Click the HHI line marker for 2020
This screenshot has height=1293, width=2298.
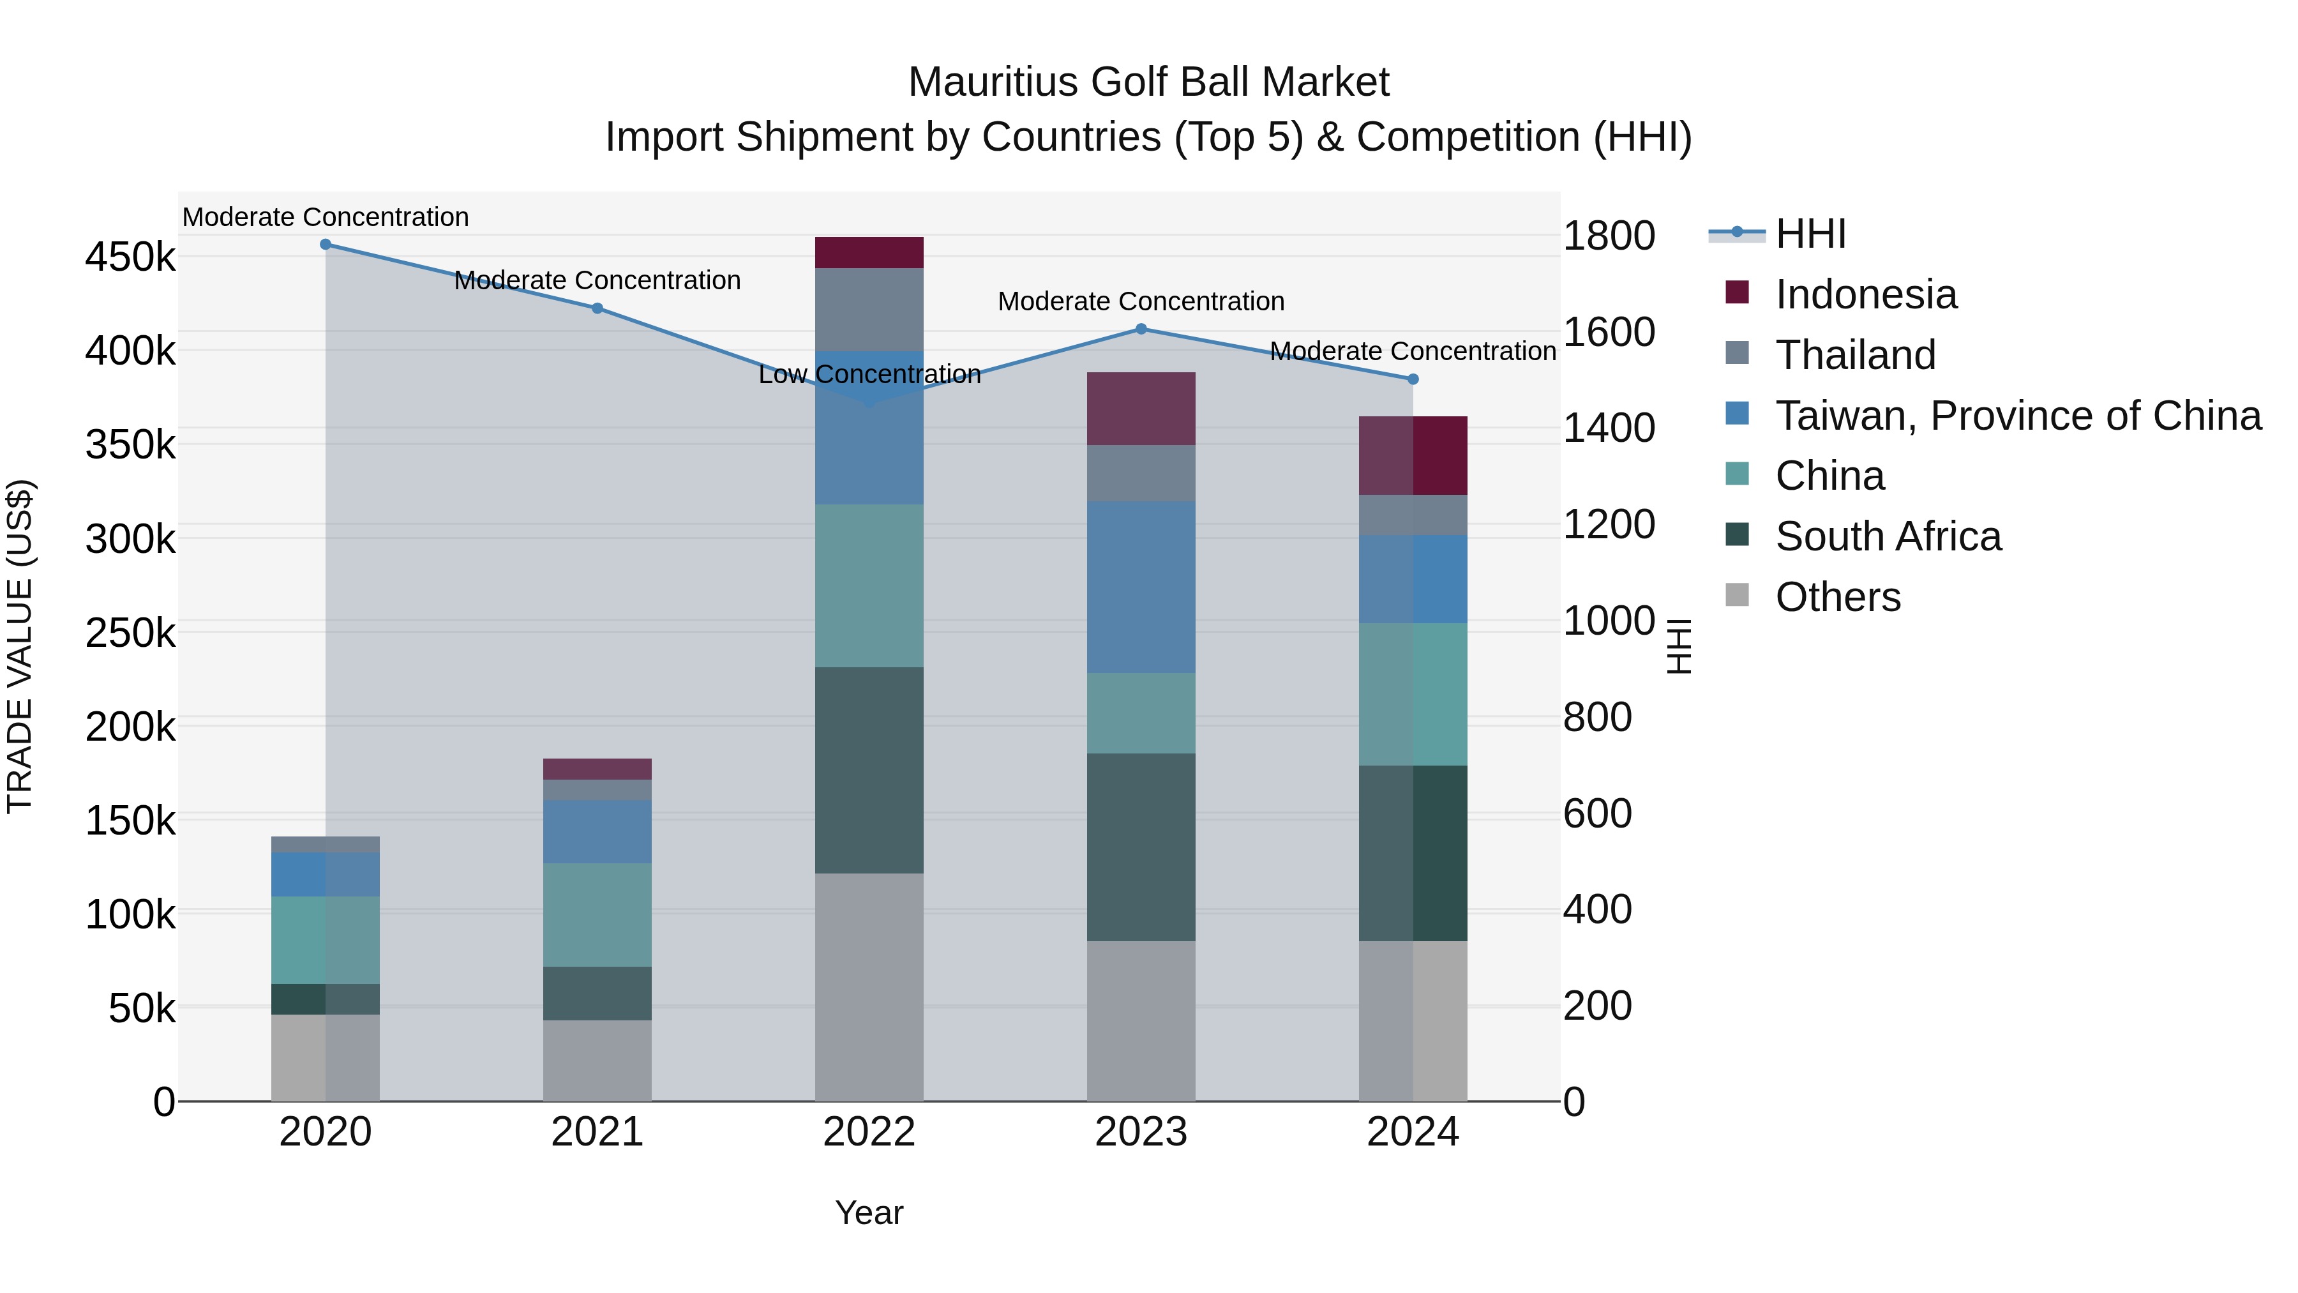326,245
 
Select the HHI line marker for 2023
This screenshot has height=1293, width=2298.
1141,329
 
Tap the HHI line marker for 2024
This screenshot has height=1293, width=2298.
1413,379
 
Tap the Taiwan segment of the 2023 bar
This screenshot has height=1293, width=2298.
1141,587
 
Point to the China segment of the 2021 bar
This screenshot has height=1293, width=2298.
597,914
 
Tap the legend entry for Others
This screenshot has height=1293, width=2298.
1838,598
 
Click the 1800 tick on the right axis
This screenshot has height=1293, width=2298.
1609,236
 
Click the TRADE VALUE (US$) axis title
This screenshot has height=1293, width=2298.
20,646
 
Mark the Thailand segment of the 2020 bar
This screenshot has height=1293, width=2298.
326,844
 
